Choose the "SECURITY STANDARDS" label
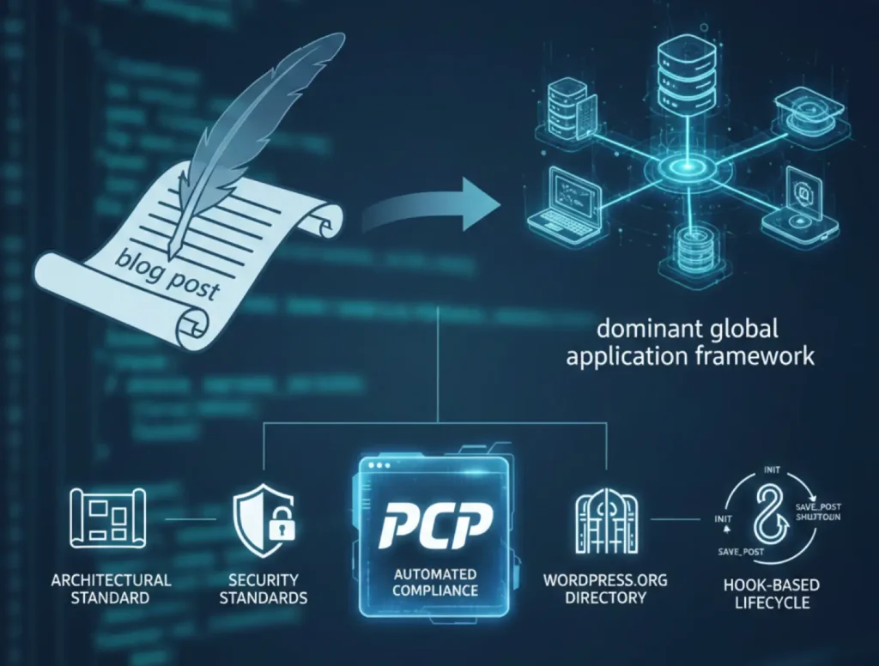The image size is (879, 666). tap(264, 589)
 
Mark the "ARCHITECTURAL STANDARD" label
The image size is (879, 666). tap(112, 589)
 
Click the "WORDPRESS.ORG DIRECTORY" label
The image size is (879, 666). tap(605, 588)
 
